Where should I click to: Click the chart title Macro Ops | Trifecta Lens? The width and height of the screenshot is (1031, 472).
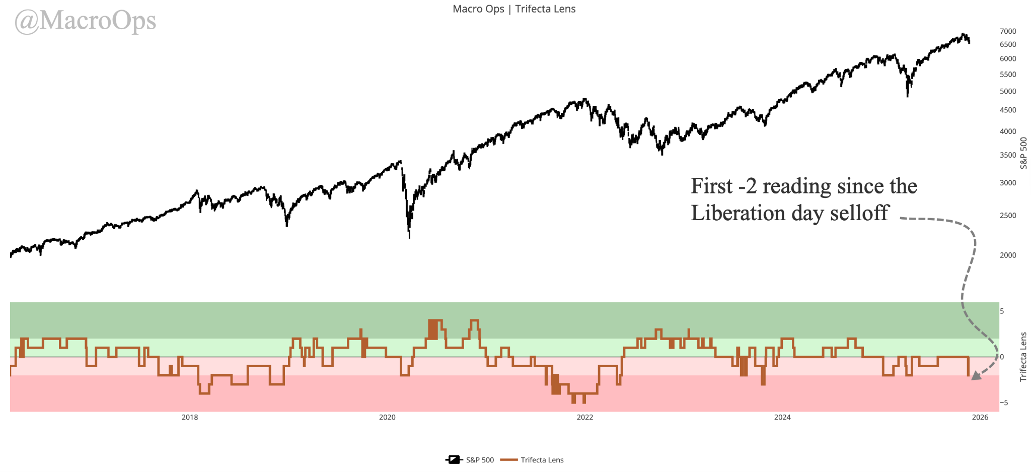514,9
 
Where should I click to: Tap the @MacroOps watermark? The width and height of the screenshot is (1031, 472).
85,21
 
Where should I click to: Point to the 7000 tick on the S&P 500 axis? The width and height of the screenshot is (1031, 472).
1008,31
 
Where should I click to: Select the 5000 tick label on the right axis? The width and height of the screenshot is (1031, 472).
1008,91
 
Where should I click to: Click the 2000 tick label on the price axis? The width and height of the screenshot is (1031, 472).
1008,255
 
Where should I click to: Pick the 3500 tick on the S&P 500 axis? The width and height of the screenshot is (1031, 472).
1008,155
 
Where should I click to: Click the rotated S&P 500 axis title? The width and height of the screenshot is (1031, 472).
1023,153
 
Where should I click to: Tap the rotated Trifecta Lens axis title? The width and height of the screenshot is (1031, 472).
1023,357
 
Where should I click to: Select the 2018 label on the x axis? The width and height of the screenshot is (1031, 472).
190,417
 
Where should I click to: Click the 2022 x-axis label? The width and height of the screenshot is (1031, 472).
585,417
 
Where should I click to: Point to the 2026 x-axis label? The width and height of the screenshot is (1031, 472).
980,417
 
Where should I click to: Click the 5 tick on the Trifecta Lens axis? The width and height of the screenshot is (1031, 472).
1002,311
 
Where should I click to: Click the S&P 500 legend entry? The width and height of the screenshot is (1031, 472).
470,460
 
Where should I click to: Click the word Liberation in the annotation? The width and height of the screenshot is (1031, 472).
738,213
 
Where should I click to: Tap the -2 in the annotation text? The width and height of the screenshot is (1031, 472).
747,186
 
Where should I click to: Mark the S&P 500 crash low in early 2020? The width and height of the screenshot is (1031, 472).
409,237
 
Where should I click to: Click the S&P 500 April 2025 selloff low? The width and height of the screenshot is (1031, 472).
907,96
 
